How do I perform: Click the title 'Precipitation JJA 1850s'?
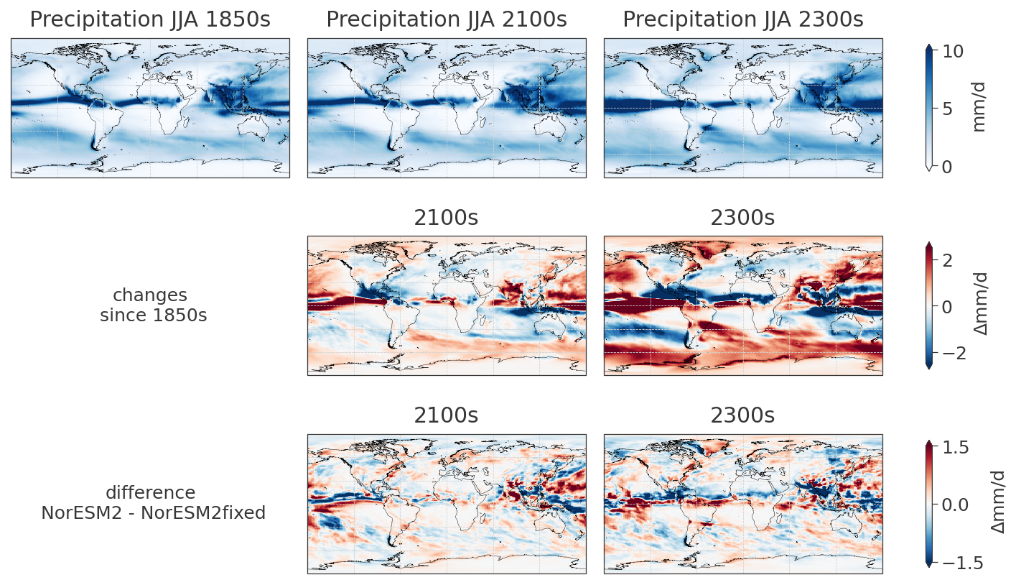coord(150,20)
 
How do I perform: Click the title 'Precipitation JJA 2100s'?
coord(447,20)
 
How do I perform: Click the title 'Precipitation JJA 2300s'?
coord(743,20)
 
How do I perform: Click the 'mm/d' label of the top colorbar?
coord(979,106)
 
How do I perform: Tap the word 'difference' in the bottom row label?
coord(150,493)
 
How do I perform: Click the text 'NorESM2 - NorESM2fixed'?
coord(153,513)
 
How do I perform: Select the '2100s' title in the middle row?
coord(447,218)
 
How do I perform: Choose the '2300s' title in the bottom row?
coord(743,416)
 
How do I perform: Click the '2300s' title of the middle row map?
coord(743,218)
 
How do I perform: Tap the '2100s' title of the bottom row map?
coord(447,416)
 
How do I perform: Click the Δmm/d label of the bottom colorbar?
coord(998,502)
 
